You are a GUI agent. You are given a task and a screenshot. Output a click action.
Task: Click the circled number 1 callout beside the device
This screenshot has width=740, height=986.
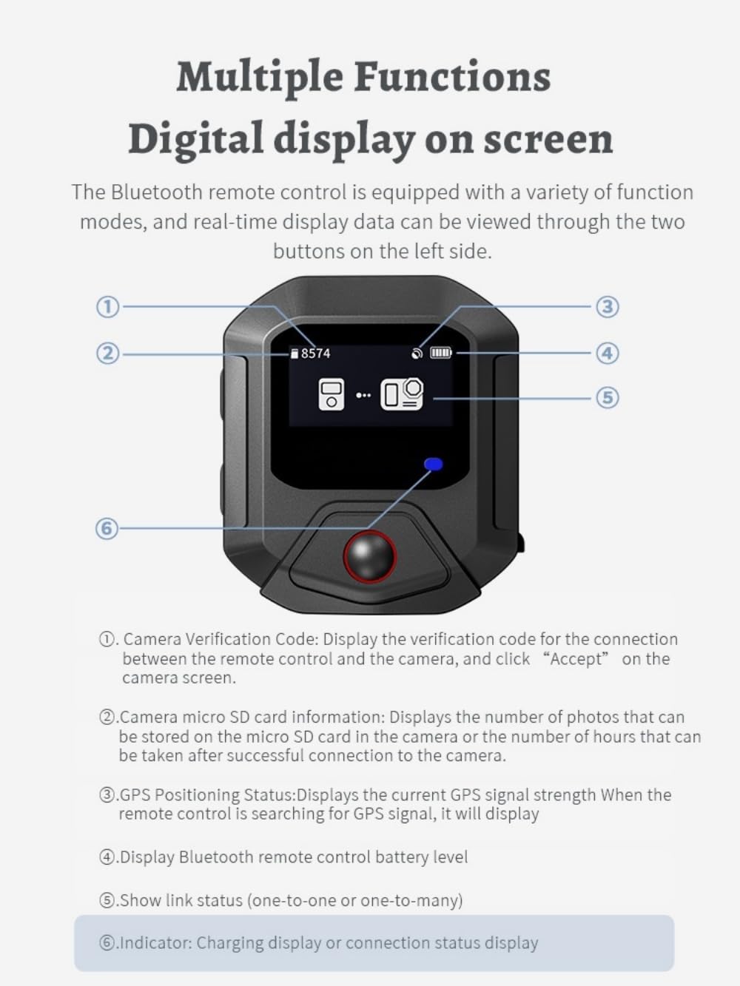point(108,307)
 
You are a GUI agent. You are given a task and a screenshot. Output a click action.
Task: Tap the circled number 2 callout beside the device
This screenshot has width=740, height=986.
point(108,354)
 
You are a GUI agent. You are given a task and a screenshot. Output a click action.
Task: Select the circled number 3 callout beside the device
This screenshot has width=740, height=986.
point(608,307)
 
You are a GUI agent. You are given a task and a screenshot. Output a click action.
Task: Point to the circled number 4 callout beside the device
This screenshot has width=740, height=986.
point(608,353)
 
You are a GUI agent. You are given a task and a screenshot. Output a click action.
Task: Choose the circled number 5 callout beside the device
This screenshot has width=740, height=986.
point(608,397)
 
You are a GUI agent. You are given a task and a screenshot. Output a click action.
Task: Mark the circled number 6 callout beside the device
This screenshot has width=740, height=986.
point(107,528)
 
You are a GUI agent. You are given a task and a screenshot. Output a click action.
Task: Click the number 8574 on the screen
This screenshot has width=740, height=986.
point(315,354)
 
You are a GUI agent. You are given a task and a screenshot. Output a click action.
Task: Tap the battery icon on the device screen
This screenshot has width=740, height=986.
point(441,353)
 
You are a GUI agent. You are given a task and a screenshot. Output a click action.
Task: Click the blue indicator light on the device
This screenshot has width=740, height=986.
point(434,464)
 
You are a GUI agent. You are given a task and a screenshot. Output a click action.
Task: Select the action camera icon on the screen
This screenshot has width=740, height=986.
point(402,394)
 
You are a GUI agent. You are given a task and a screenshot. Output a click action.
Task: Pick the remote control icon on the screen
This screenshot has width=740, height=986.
point(331,394)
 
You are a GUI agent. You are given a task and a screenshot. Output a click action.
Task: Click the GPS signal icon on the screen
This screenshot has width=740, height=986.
point(417,354)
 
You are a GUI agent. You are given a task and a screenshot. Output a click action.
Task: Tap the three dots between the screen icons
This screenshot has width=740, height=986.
point(363,395)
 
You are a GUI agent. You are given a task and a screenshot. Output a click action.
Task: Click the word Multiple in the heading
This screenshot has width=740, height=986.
point(260,77)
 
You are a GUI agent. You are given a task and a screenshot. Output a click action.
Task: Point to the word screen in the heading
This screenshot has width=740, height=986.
point(548,139)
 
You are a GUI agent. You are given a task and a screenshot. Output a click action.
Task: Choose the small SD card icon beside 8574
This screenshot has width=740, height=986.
point(295,354)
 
